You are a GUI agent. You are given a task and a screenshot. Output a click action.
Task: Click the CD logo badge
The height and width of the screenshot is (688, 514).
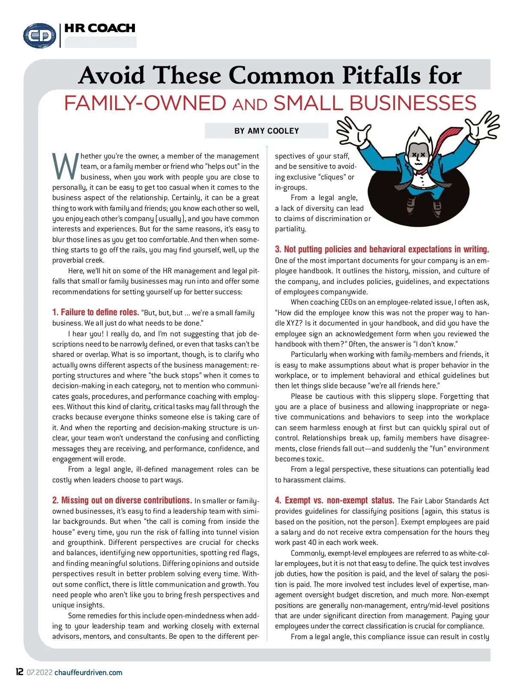tap(39, 35)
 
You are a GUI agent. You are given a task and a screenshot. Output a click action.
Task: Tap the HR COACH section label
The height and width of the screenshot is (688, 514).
tap(100, 28)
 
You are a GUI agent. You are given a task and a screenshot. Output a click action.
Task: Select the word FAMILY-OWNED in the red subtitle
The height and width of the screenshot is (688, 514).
tap(145, 103)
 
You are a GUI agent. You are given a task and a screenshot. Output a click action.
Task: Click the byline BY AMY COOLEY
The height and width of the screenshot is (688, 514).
tap(266, 131)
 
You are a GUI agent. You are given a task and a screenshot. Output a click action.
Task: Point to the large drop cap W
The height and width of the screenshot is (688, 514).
tap(65, 166)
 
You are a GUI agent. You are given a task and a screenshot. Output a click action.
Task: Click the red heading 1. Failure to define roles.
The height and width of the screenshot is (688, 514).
tap(96, 312)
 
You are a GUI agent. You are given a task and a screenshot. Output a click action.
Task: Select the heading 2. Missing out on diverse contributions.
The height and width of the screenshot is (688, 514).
tap(122, 500)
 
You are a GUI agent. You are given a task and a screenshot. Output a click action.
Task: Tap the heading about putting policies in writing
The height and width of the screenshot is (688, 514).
tap(382, 249)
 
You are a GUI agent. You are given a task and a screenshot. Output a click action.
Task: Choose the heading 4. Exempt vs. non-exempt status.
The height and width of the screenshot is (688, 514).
tap(335, 500)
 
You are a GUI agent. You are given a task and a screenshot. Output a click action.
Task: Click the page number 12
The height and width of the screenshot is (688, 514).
tap(20, 672)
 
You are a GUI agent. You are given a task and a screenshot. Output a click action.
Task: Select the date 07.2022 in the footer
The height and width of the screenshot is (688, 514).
tap(39, 673)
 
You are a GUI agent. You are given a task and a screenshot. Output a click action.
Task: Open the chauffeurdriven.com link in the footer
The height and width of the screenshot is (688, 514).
tap(88, 673)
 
